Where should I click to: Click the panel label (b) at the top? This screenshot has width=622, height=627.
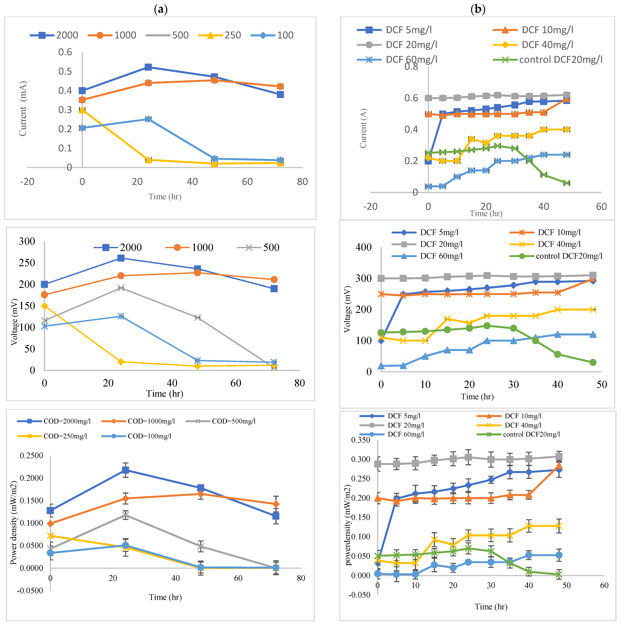(478, 9)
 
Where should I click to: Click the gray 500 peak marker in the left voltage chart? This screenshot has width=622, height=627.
(121, 288)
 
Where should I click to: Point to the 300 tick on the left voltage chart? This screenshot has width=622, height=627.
(27, 241)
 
